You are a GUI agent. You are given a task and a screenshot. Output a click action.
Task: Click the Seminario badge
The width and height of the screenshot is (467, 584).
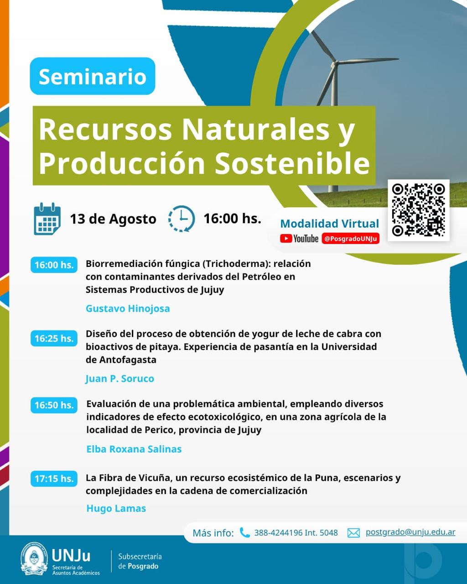[x=93, y=76]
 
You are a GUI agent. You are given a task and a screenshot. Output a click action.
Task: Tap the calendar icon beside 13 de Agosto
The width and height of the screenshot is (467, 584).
[x=47, y=219]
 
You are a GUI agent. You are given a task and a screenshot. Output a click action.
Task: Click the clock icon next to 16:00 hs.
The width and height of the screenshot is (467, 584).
[x=182, y=219]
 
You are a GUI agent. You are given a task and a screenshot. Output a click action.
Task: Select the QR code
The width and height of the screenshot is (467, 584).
[x=418, y=210]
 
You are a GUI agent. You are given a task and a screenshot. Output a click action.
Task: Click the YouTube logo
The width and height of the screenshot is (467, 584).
[x=299, y=239]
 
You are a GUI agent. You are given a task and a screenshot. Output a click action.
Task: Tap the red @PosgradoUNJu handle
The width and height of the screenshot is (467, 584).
[x=351, y=239]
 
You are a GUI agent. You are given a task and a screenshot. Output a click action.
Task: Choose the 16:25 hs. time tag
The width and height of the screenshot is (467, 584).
[x=54, y=339]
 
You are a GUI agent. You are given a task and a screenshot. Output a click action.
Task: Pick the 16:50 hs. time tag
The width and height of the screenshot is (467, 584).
[x=54, y=405]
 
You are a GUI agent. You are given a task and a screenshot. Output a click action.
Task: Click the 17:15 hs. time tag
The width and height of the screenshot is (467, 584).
[x=54, y=479]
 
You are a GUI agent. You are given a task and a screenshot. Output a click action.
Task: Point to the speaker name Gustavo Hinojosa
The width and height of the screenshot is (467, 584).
[x=128, y=308]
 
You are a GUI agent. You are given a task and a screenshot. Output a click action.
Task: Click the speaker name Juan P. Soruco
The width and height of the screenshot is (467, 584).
[x=119, y=379]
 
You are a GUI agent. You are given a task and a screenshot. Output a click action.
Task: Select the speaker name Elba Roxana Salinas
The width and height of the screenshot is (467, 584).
[x=134, y=449]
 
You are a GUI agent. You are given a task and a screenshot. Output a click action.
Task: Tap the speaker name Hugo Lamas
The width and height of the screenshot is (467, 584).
[x=116, y=508]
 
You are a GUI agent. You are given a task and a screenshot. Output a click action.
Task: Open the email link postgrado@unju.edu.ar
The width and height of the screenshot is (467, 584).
[x=410, y=532]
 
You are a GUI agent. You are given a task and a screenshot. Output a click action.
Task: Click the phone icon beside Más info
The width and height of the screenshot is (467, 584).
[x=244, y=532]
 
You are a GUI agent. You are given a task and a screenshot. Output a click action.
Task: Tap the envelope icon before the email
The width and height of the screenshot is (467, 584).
[x=353, y=533]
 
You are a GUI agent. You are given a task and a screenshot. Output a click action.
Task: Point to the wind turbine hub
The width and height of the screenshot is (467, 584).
[x=335, y=64]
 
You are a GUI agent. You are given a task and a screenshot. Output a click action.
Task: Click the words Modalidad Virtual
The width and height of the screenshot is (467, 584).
[x=330, y=224]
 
